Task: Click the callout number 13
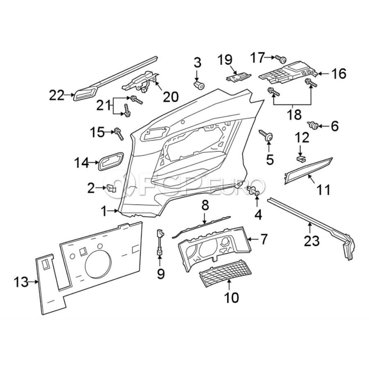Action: (x=21, y=282)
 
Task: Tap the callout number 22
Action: (x=57, y=96)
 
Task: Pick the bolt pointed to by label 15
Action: (x=119, y=133)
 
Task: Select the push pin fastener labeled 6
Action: (x=314, y=125)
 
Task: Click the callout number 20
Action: (x=171, y=96)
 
